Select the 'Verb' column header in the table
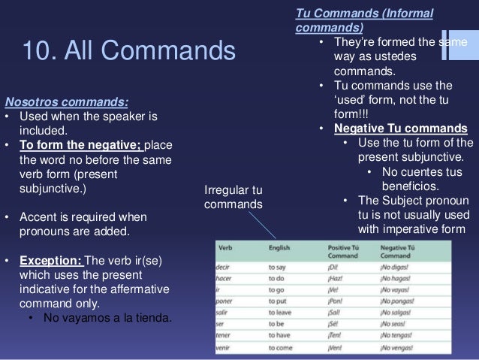225,247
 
